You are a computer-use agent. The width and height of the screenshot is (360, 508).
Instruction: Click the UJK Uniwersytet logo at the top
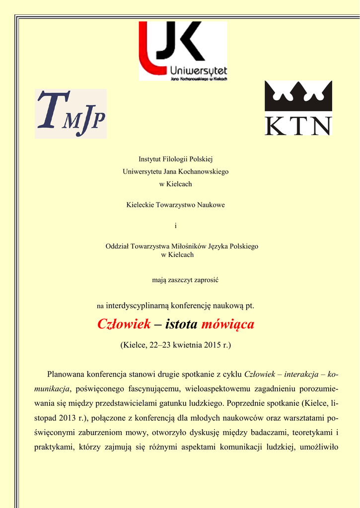coord(182,51)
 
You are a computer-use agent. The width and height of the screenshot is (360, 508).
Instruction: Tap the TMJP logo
coord(71,114)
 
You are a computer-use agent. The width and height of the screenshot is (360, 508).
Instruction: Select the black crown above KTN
coord(298,96)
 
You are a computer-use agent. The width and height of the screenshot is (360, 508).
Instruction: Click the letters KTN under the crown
coord(298,126)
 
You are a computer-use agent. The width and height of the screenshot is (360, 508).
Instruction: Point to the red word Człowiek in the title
coord(124,324)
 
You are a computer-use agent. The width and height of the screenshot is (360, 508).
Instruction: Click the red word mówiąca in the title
coord(226,324)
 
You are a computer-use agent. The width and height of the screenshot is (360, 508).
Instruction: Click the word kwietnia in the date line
coord(188,344)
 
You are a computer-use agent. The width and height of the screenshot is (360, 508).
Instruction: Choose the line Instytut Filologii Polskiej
coord(175,159)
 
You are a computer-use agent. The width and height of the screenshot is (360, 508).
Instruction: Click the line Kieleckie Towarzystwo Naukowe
coord(175,205)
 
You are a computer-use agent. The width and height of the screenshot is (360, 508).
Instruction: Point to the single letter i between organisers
coord(175,226)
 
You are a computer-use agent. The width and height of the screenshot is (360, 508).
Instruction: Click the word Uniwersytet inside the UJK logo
coord(199,70)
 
